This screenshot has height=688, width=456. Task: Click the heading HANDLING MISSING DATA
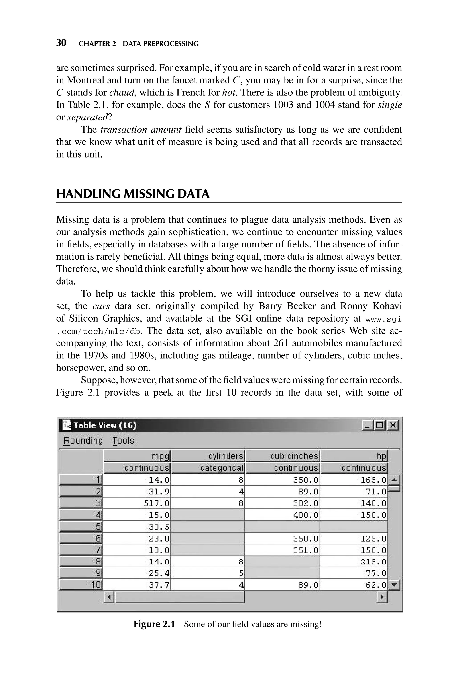tap(133, 194)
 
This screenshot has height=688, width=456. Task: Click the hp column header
tap(381, 456)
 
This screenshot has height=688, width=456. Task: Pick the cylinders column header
tap(226, 456)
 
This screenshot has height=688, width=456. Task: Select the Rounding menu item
tap(83, 441)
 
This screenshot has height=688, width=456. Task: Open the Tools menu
tap(123, 441)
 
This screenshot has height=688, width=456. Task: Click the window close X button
tap(393, 425)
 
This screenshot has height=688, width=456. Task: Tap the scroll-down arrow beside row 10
tap(394, 585)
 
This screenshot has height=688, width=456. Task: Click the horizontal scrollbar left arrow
tap(109, 598)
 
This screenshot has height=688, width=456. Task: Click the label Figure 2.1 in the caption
tap(154, 624)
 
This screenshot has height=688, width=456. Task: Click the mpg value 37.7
tap(159, 585)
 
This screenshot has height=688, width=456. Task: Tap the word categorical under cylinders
tap(222, 468)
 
